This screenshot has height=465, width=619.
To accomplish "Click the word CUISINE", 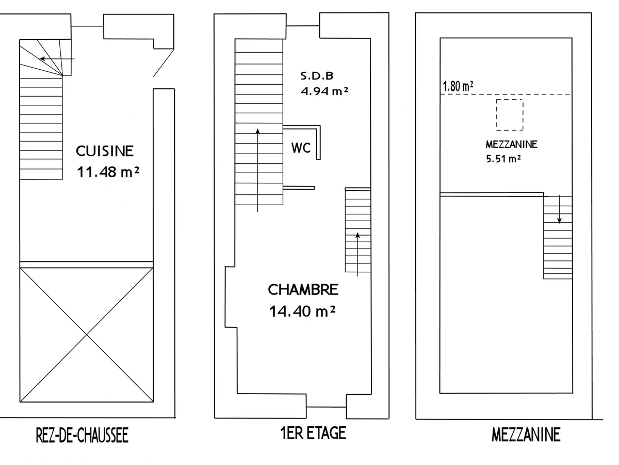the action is tap(105, 151).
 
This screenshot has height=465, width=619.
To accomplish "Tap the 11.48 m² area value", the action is tap(108, 172).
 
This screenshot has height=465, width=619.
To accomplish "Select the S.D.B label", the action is tap(317, 75).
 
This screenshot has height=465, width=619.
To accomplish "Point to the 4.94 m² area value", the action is tap(324, 91).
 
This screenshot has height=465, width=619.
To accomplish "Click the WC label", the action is tap(301, 148).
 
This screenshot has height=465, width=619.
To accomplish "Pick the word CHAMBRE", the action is tap(303, 290).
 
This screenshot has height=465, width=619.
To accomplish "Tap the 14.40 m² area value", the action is tap(302, 312).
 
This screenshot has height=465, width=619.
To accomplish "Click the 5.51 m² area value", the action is tap(503, 159).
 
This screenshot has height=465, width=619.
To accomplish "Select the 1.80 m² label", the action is tap(458, 86).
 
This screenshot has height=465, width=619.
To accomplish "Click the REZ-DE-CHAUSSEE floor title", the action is tap(82, 435).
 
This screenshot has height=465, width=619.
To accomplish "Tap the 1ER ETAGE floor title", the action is tap(313, 433).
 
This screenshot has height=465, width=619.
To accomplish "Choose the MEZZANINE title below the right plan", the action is tap(526, 435).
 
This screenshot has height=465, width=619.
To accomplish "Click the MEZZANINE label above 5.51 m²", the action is tap(511, 145).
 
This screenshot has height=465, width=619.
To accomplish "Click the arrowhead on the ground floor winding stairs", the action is tap(42, 59).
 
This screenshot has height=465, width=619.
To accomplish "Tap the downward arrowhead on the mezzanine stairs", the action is tap(560, 221).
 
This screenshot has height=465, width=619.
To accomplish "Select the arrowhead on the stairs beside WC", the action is tap(257, 131).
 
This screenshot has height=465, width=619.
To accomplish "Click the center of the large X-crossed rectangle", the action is tap(87, 335).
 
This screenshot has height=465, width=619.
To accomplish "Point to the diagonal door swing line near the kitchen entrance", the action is tap(164, 63).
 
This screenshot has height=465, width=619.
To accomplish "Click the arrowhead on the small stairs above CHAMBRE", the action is tap(357, 235).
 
